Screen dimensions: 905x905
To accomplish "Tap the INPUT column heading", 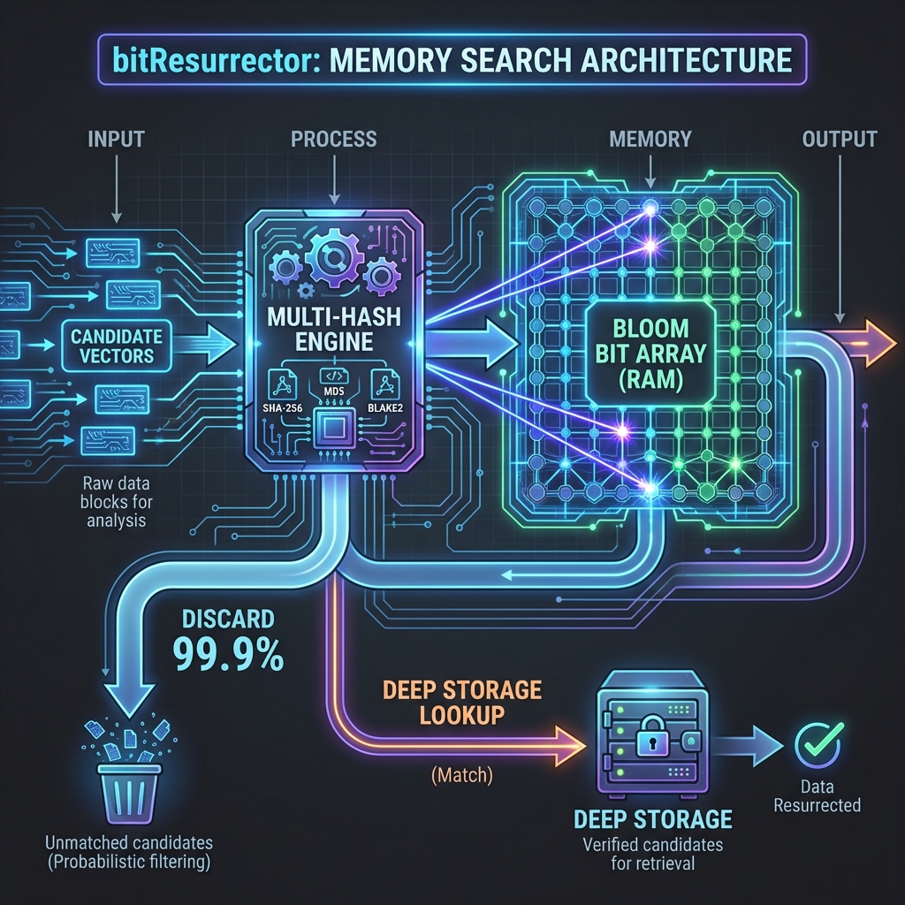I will [116, 140].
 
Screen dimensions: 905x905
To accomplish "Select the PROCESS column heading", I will [333, 139].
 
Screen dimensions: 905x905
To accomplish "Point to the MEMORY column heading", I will [650, 139].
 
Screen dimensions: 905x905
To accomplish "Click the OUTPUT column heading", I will [839, 139].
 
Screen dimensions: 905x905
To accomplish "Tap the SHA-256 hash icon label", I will [282, 408].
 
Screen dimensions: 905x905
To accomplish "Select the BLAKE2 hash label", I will [385, 408].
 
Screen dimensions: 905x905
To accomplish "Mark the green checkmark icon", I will [818, 744].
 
